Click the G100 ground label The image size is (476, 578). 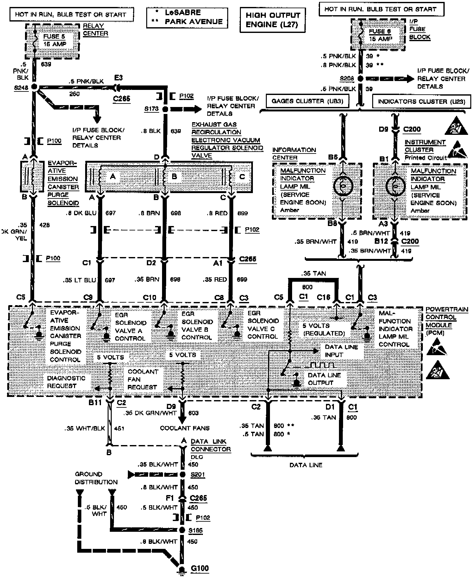coord(200,568)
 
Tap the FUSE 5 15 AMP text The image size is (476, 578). coord(54,40)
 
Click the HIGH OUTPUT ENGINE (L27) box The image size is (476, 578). coord(272,20)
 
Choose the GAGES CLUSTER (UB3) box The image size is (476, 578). coord(307,101)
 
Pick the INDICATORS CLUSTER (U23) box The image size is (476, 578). coord(422,102)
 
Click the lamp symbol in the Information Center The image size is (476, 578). coord(343,186)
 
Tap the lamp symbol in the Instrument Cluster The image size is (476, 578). coord(395,186)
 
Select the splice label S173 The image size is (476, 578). coord(151,109)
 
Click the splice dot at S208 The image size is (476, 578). coord(360,79)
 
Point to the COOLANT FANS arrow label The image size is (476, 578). coord(185,428)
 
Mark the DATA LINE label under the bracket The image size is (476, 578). coord(306,465)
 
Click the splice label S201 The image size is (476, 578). coord(197,475)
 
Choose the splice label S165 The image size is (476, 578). coord(195,530)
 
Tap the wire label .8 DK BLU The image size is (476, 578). coord(81,213)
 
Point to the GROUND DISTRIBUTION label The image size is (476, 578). coord(96,478)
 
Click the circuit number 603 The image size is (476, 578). coord(193,413)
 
